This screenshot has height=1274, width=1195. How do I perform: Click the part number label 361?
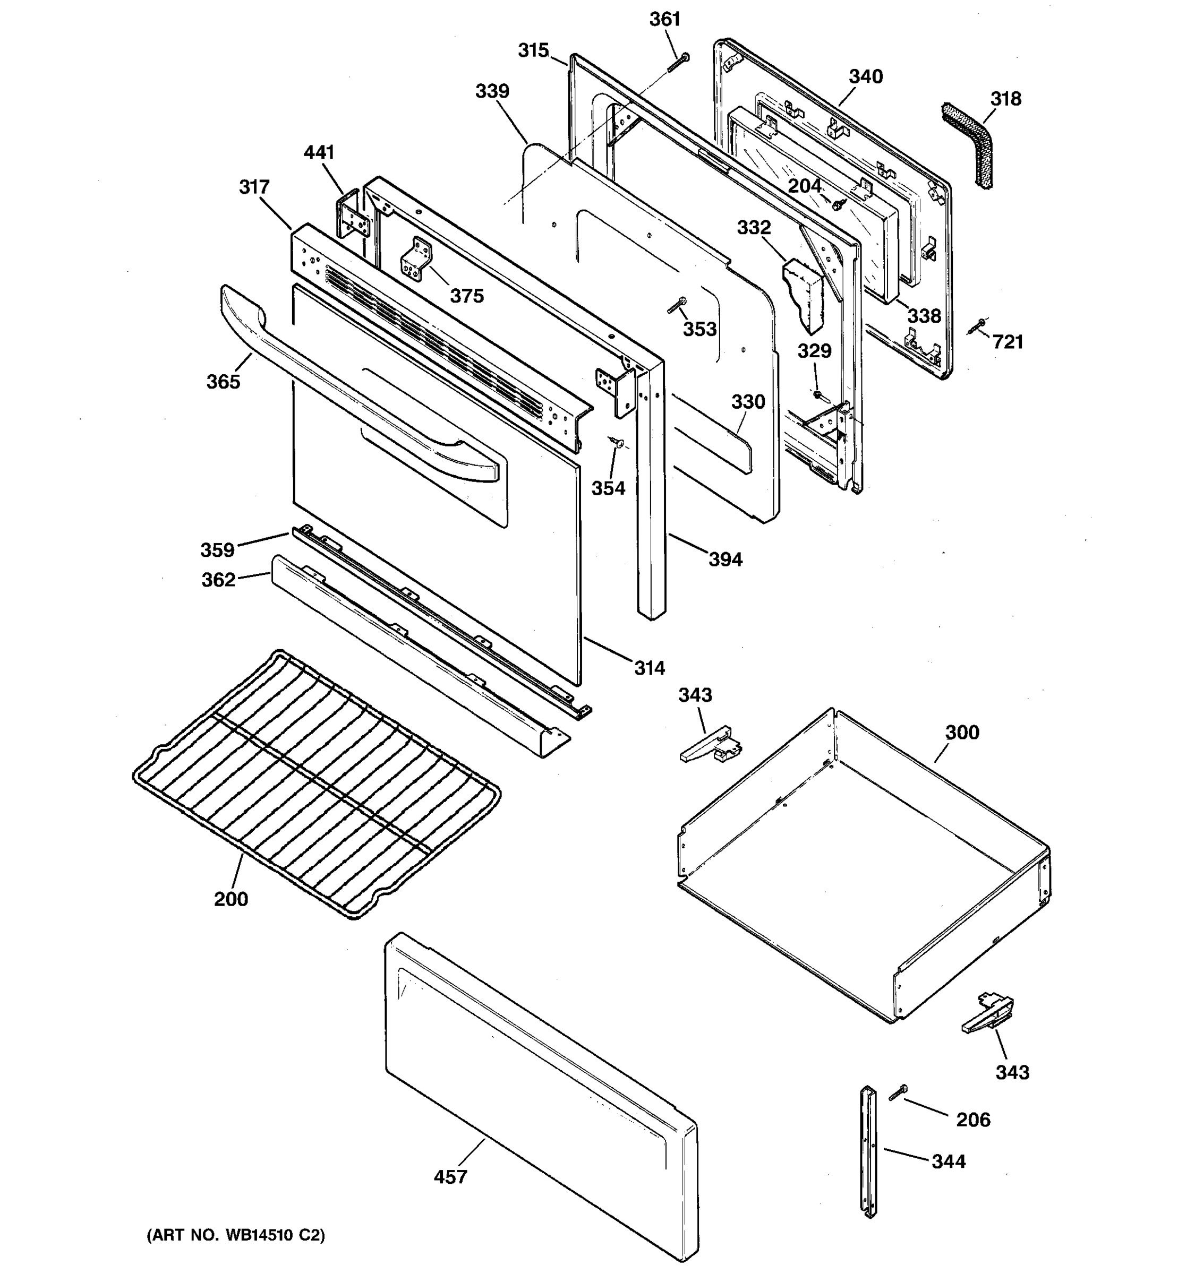tap(664, 20)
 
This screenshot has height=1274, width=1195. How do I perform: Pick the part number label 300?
tap(962, 732)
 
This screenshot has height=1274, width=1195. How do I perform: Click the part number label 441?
tap(319, 152)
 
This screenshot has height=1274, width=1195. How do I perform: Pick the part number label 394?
tap(725, 559)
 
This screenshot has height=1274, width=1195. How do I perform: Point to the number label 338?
tap(924, 315)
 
